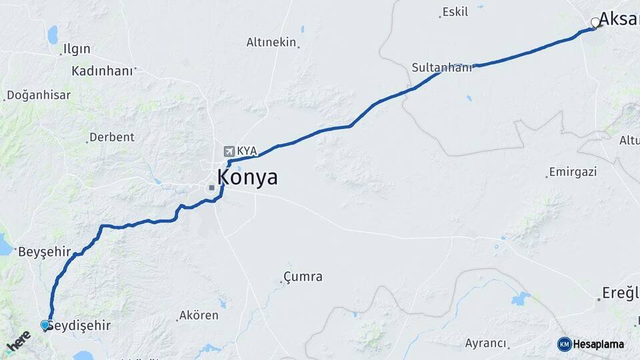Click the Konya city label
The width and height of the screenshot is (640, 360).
click(247, 178)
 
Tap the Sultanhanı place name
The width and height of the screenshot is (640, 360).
click(441, 67)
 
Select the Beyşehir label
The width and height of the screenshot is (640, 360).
click(45, 252)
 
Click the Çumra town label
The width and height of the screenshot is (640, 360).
click(303, 276)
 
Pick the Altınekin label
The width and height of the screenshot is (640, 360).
click(271, 42)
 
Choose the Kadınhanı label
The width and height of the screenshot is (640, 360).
click(102, 71)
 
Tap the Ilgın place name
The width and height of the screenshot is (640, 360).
click(76, 49)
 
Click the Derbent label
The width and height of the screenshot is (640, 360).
click(112, 137)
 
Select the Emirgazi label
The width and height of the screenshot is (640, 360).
click(573, 171)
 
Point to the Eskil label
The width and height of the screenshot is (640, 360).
click(455, 12)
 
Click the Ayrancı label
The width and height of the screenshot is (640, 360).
click(485, 343)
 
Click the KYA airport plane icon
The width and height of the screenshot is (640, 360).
click(230, 151)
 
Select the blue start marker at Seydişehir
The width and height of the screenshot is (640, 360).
click(45, 325)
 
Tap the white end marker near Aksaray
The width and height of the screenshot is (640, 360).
click(595, 23)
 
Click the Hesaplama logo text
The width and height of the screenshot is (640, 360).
click(599, 345)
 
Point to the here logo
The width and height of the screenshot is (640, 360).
click(18, 341)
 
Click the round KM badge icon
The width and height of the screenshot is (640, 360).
click(565, 345)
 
